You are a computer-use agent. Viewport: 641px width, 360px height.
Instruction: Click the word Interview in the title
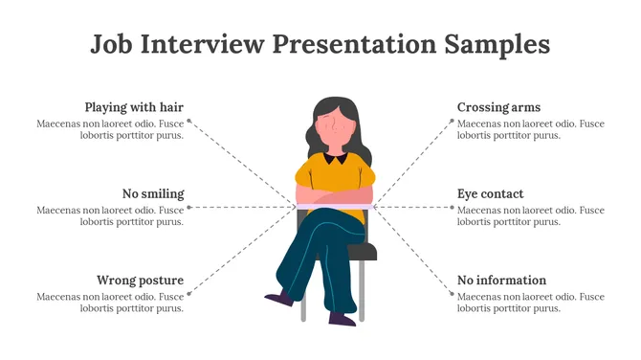pos(205,44)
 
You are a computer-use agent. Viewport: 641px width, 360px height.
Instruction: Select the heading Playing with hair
pos(134,107)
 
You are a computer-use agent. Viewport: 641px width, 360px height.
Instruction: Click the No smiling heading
pos(153,193)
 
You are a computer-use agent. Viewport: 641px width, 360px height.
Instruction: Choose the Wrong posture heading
pos(140,281)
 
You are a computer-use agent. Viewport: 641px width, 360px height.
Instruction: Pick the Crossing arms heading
pos(498,107)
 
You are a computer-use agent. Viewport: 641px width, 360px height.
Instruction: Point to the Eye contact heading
pos(490,193)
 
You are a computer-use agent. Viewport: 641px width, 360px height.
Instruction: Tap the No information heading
pos(501,281)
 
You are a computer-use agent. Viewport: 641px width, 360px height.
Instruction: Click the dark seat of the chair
pos(362,252)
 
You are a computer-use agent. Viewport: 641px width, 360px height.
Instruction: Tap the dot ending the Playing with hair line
pos(188,122)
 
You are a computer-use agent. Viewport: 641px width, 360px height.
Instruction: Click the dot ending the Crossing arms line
pos(453,122)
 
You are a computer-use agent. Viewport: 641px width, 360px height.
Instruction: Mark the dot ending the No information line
pos(453,294)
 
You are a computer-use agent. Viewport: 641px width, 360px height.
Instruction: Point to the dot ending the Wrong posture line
pos(188,294)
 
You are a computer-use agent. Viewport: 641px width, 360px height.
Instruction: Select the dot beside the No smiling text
pos(188,207)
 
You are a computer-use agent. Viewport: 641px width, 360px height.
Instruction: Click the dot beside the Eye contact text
pos(453,207)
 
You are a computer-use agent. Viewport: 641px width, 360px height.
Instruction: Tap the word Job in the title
pos(113,44)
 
